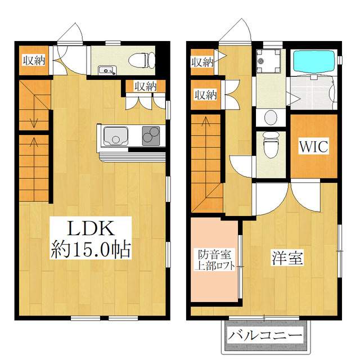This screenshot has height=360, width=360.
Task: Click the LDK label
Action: click(92, 228)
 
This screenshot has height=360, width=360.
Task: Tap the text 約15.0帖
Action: click(91, 248)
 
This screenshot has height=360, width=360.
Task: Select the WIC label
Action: click(313, 146)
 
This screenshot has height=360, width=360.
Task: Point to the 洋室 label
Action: click(287, 259)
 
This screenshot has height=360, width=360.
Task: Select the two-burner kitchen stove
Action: click(151, 136)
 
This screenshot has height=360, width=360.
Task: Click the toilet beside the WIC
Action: click(270, 147)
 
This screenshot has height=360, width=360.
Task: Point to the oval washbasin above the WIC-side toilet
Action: click(271, 118)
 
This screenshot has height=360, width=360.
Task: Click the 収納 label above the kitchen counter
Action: click(145, 87)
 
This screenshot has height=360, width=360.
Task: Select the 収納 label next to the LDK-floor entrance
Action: click(33, 61)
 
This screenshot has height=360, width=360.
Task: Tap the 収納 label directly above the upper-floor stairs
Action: click(206, 94)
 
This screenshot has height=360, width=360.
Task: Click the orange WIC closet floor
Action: click(313, 160)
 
